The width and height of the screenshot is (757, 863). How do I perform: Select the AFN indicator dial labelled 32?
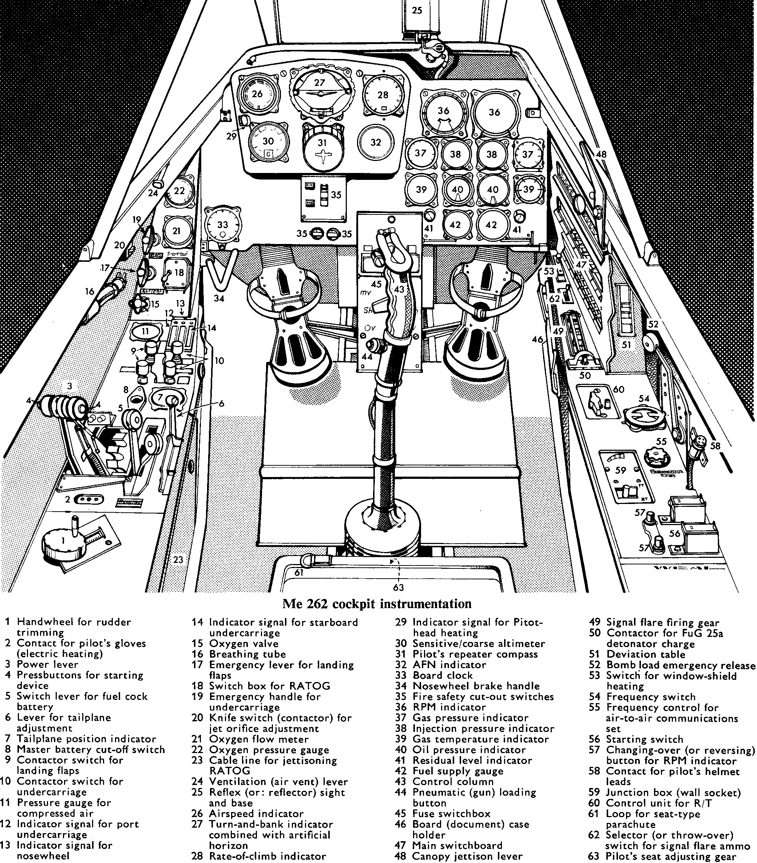pyautogui.click(x=376, y=142)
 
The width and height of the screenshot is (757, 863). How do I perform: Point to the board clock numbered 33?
pyautogui.click(x=222, y=225)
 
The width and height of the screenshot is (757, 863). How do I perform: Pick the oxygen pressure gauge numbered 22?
pyautogui.click(x=179, y=191)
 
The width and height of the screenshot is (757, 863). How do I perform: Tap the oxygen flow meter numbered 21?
pyautogui.click(x=177, y=230)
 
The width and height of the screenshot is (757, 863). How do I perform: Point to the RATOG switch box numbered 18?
pyautogui.click(x=176, y=273)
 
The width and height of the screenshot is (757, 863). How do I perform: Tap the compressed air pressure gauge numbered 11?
pyautogui.click(x=145, y=331)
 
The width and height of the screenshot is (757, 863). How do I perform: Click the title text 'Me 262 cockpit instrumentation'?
pyautogui.click(x=376, y=603)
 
